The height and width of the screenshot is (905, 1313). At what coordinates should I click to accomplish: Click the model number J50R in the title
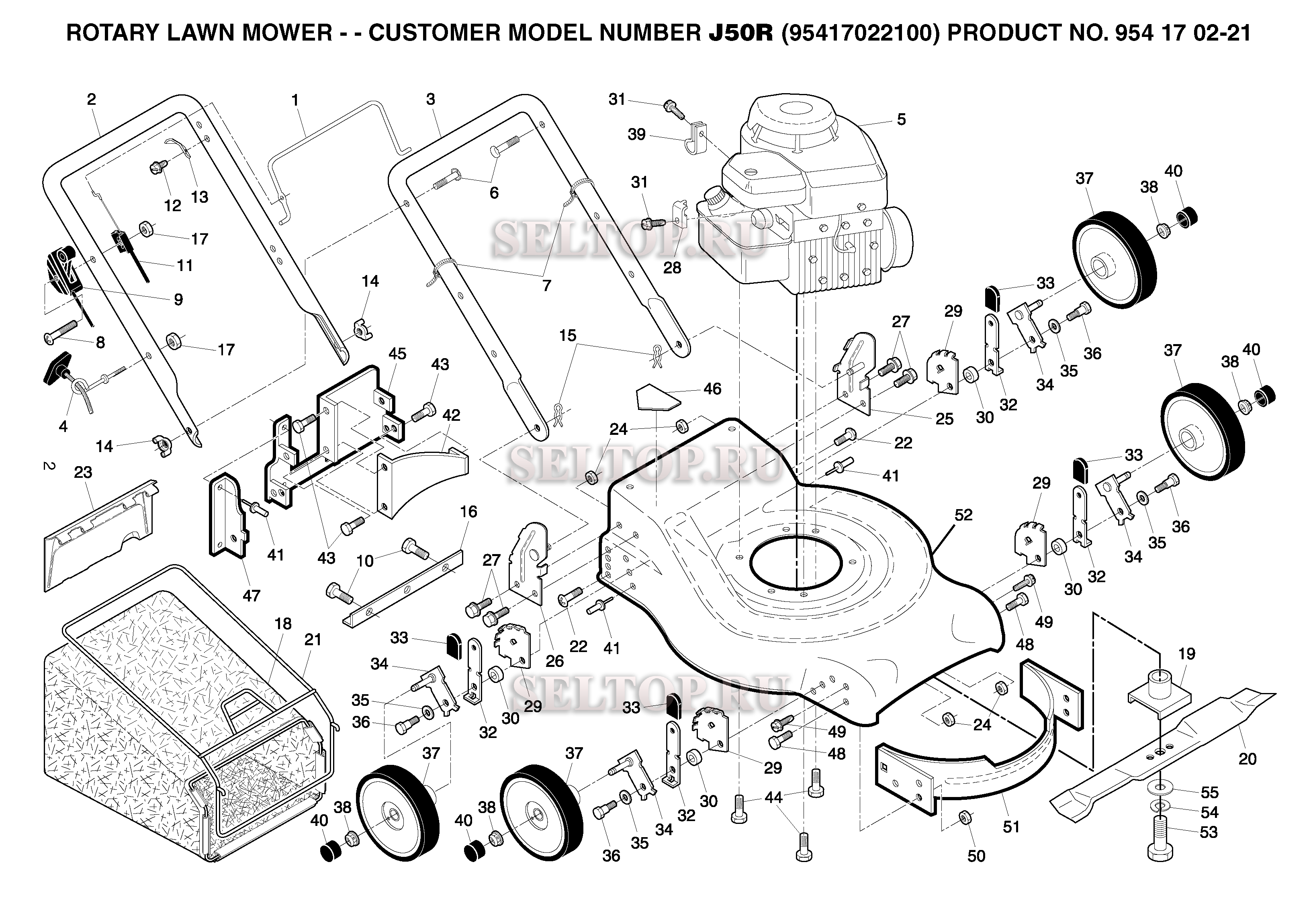[740, 33]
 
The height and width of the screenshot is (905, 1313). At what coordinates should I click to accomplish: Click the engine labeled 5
[806, 198]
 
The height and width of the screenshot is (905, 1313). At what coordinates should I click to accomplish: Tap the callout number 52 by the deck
[963, 515]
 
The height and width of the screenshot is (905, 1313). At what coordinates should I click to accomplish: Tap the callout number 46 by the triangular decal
[712, 388]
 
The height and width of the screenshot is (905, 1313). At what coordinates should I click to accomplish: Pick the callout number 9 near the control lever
[178, 300]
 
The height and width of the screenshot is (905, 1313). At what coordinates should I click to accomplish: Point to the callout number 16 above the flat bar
[468, 512]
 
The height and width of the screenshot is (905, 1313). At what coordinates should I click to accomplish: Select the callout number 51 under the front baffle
[1011, 827]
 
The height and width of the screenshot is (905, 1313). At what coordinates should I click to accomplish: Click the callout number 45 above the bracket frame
[397, 354]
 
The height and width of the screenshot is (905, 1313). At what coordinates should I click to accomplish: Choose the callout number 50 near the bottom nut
[976, 856]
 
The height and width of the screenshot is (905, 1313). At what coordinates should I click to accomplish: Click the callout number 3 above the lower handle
[431, 99]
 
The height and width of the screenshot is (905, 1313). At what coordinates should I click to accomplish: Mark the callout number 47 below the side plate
[252, 595]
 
